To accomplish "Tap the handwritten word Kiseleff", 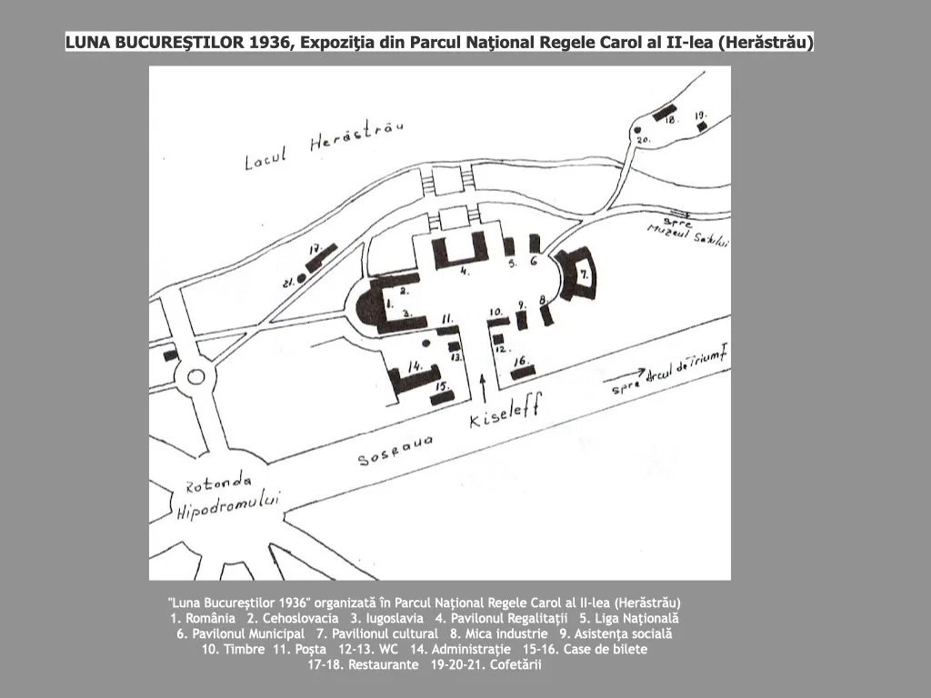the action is (x=505, y=414).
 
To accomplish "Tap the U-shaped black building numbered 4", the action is (x=459, y=251).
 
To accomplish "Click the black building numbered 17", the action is (x=321, y=257).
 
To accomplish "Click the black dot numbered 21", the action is (x=302, y=280).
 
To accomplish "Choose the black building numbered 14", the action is (x=414, y=377).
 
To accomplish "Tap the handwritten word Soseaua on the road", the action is (x=394, y=449).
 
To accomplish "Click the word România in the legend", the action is (x=208, y=618).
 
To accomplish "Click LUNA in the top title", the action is (x=88, y=43).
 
